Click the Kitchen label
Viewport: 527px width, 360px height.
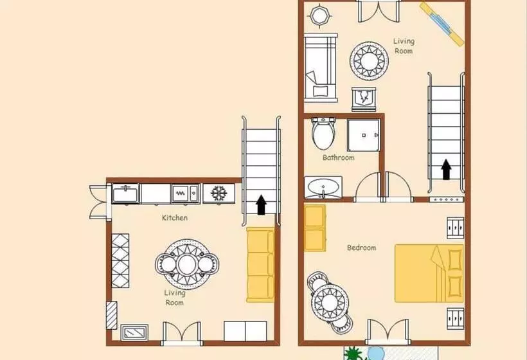pos(175,218)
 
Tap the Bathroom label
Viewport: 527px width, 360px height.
pos(339,157)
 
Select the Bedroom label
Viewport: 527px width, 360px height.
pos(362,248)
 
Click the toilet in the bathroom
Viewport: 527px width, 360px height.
pos(324,134)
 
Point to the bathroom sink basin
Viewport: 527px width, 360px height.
pos(323,188)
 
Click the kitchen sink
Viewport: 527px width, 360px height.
pos(125,194)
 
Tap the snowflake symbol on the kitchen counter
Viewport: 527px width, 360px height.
pos(219,194)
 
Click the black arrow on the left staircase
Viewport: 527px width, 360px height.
pos(261,205)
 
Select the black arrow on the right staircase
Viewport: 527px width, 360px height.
pos(446,170)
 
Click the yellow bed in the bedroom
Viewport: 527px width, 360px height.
pos(429,273)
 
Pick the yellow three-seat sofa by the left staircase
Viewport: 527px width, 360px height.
pos(260,265)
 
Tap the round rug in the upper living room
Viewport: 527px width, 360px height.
pos(369,60)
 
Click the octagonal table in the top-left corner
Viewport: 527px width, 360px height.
pos(321,15)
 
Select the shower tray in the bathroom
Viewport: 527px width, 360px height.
pos(363,135)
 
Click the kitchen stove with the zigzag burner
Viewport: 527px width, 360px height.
pos(185,194)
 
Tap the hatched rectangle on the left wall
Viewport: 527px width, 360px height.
pos(112,315)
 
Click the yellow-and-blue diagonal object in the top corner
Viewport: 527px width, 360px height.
pos(442,24)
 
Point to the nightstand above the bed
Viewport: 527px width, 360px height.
pos(456,228)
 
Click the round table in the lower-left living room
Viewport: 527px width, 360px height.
pos(187,264)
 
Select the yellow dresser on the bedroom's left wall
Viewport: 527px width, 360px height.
pos(315,228)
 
